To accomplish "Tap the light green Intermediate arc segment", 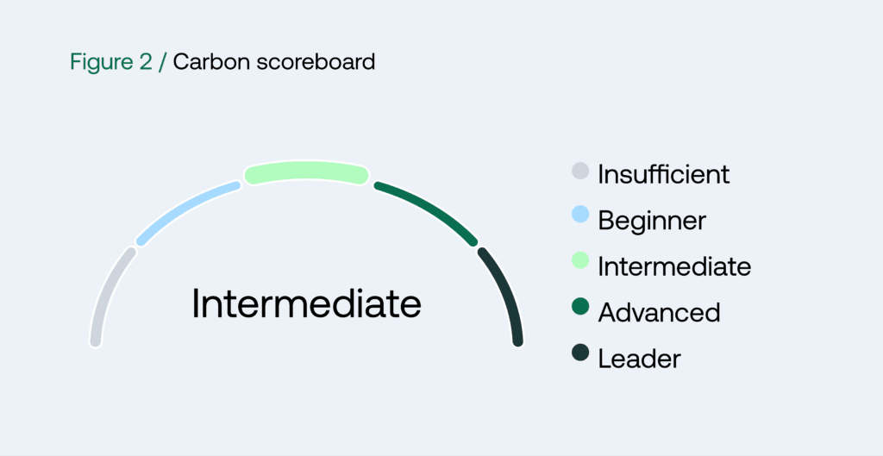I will pos(306,172).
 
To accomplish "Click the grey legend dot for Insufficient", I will pos(580,171).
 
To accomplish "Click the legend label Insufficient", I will pos(663,174).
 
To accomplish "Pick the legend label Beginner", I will pos(652,221).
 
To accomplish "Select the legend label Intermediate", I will pos(674,266).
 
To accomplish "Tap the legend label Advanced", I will pos(659,312).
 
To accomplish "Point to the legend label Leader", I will pos(639,358).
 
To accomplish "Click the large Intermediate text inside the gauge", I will pos(306,303).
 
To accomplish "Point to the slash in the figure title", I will pos(162,63).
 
